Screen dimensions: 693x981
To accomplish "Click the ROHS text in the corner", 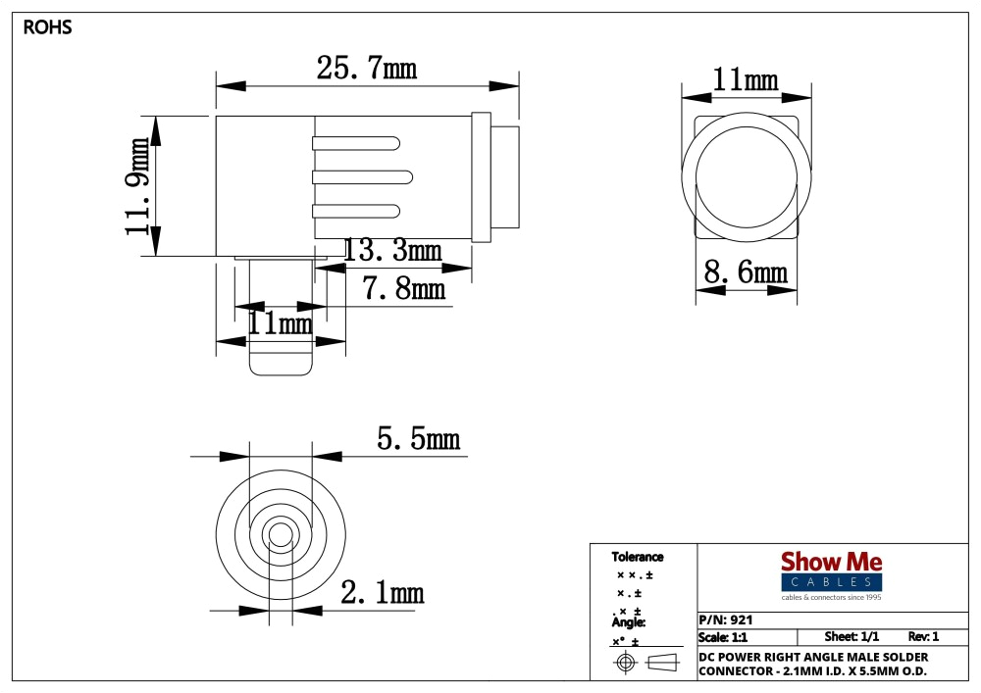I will click(x=47, y=27).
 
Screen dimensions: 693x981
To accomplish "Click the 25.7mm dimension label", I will click(x=366, y=69).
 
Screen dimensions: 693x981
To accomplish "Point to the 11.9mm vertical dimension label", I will click(x=138, y=186).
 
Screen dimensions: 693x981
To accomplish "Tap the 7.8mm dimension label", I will click(x=403, y=289).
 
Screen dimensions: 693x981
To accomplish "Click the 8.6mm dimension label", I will click(x=747, y=272).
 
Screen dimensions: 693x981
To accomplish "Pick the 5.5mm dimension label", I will click(x=418, y=439).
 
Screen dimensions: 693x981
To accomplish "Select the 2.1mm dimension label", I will click(x=382, y=592).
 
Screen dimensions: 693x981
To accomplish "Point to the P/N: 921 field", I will click(x=726, y=620).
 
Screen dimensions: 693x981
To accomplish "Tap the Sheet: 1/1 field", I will click(x=852, y=637).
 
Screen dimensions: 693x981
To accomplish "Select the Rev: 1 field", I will click(x=923, y=637).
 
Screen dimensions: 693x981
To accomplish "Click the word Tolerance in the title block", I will click(x=638, y=557).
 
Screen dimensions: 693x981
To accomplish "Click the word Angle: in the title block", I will click(x=629, y=622).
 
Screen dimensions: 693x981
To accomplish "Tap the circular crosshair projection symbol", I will click(x=626, y=663).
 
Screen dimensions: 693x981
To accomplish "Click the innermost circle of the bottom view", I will click(x=281, y=535).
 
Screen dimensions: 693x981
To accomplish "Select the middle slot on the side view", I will click(x=356, y=176).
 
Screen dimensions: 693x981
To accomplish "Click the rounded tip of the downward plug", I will click(x=282, y=367).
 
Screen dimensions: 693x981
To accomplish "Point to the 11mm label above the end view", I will click(x=745, y=80).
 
